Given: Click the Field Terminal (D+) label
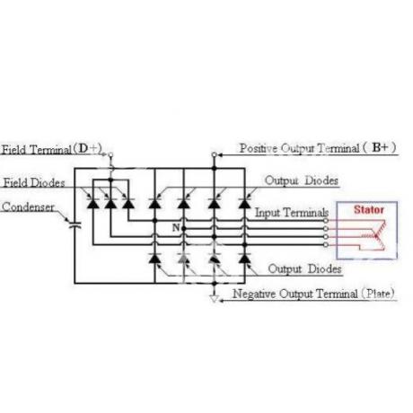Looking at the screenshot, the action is tap(52, 149).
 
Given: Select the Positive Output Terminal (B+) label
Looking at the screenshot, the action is tap(318, 148).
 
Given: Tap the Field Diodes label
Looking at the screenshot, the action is tap(34, 182).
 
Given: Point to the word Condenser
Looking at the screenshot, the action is tap(28, 206).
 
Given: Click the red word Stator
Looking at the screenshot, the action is tap(369, 209).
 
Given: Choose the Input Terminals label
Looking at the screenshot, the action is tap(292, 213).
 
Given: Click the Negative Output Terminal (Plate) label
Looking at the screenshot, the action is tap(313, 294).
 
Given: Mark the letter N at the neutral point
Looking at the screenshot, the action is tap(176, 228).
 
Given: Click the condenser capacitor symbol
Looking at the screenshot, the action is tap(75, 225).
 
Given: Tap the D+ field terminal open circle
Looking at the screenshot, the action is tap(110, 154).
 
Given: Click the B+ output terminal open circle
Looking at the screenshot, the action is tap(214, 154).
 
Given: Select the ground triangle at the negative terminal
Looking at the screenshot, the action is tap(214, 299).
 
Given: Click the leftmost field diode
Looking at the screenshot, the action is tap(92, 203).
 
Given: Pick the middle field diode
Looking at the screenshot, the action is tap(110, 203).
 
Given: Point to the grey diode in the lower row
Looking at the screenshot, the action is tap(184, 258).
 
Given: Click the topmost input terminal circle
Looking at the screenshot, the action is tap(326, 221).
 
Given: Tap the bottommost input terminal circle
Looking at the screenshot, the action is tap(326, 245).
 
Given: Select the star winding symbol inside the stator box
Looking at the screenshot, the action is tap(374, 235).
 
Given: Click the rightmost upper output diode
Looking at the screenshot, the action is tap(244, 203).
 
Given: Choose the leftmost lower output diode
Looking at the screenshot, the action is tap(154, 258).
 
